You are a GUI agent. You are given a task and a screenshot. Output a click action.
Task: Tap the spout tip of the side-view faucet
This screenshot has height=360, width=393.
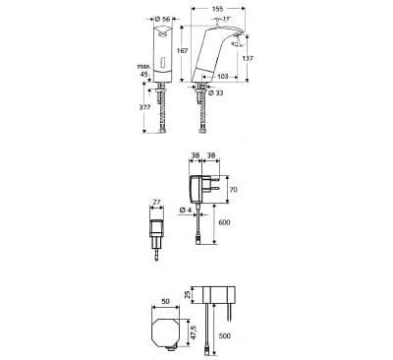239,45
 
